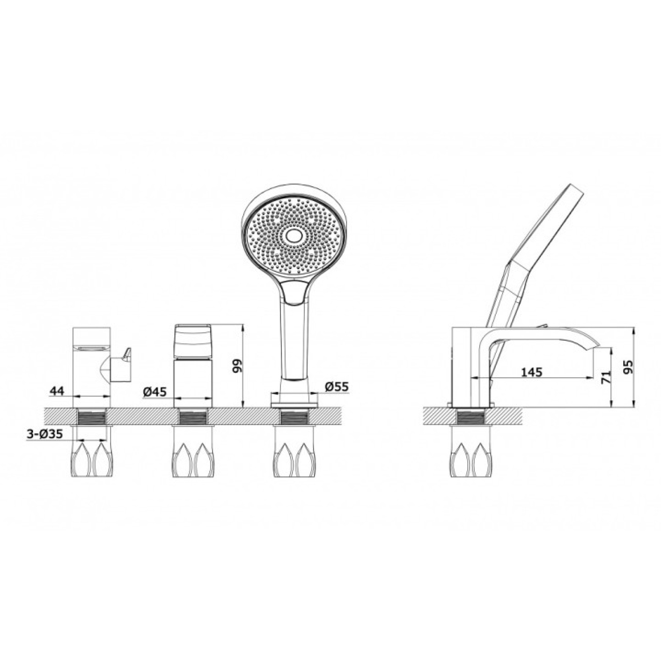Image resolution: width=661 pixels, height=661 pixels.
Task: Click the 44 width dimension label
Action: click(x=58, y=391)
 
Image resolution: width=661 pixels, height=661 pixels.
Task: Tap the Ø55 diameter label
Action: click(x=337, y=387)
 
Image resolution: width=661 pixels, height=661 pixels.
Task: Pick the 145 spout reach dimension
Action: click(x=532, y=372)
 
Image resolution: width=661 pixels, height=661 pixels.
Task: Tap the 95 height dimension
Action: click(x=629, y=368)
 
